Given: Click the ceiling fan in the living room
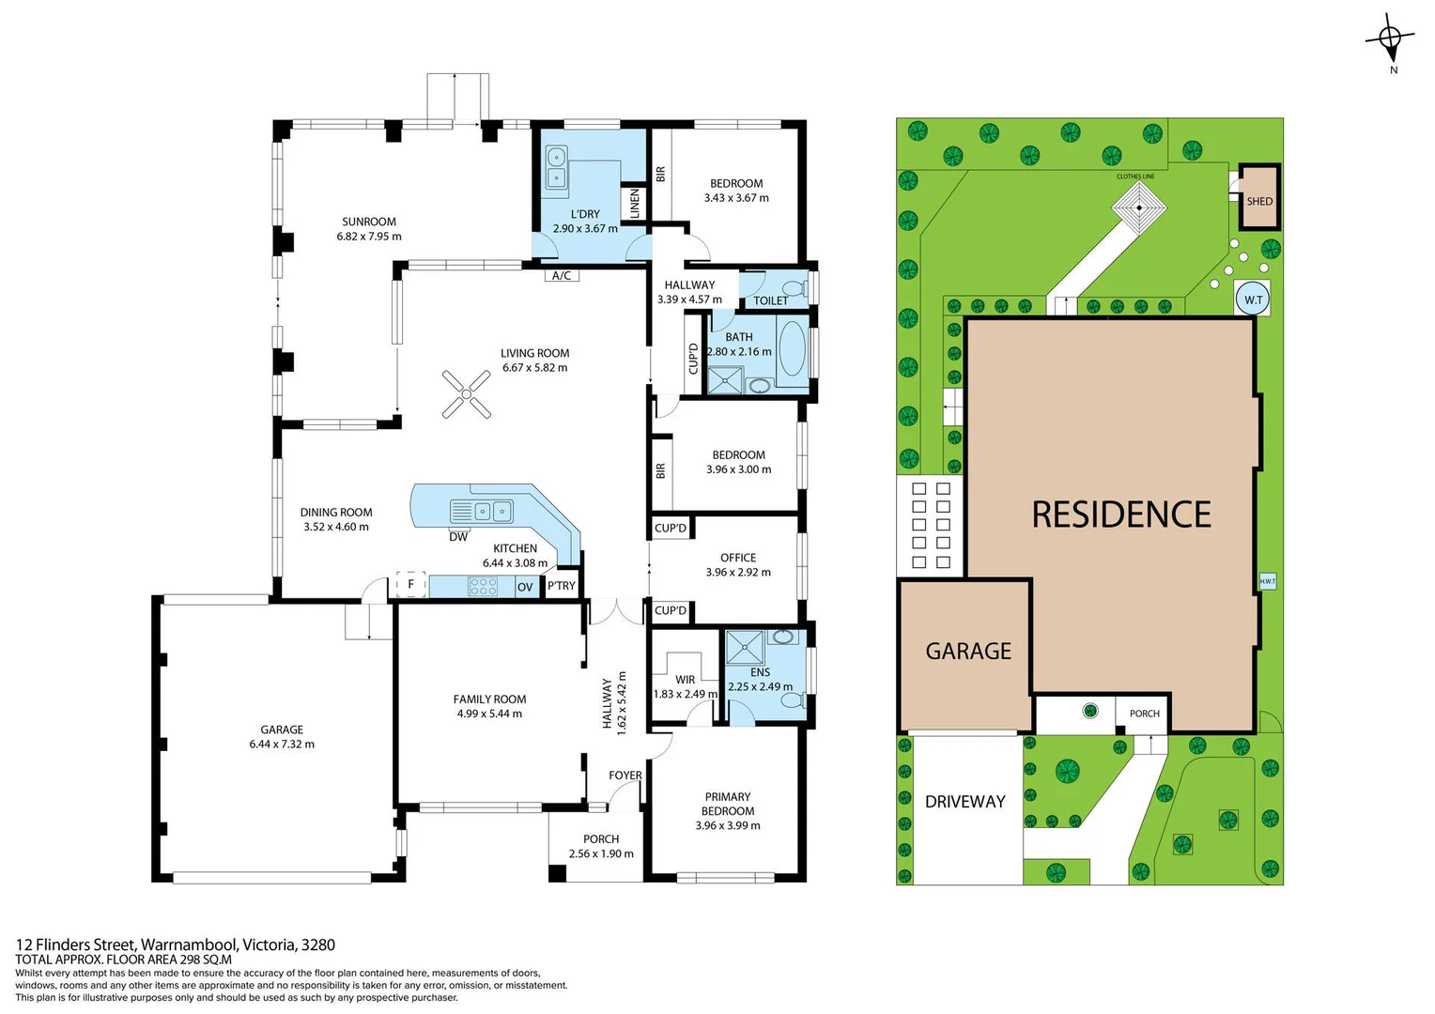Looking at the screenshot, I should (x=467, y=394).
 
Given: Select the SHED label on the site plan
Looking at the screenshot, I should (x=1259, y=201).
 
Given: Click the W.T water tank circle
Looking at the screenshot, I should (x=1253, y=300).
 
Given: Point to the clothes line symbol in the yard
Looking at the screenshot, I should (x=1139, y=207).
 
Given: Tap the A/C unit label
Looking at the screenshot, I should (x=562, y=275).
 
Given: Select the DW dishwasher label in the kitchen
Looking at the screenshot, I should (x=458, y=537).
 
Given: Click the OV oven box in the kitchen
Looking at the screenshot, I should (x=525, y=587).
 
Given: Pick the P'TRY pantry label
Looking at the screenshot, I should (x=562, y=587).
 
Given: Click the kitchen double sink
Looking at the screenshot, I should (x=493, y=512).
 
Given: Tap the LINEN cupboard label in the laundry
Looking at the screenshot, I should (x=635, y=204).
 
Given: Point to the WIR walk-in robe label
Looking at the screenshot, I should (x=686, y=680).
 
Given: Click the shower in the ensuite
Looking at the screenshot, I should (x=745, y=648).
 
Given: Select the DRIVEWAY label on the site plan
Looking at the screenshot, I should (x=964, y=802).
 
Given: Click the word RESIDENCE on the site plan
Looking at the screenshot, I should (x=1121, y=515).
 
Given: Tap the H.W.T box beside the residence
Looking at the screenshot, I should (x=1267, y=581).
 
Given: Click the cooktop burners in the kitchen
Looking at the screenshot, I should (x=483, y=587).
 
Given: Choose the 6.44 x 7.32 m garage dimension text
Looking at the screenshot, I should (x=282, y=745).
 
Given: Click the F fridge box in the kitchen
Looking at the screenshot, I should (x=410, y=584).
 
